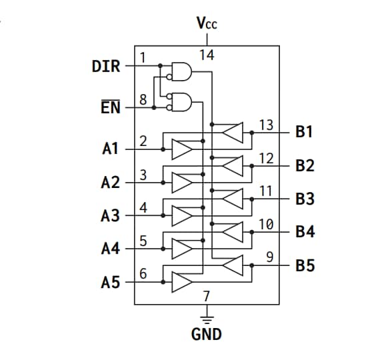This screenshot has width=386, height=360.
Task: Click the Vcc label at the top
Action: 207,24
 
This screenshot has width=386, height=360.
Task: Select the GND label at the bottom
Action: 206,334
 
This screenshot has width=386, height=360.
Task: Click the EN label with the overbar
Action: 111,107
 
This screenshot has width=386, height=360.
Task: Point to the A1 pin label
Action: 111,149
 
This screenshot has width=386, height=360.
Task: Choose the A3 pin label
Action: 111,216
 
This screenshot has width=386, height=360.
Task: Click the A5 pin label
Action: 111,283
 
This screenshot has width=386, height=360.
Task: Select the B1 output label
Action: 305,132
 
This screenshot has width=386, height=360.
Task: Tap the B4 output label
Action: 305,232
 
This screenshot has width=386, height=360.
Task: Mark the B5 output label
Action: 305,266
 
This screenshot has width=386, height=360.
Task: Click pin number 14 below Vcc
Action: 207,55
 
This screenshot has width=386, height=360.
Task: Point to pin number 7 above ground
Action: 207,295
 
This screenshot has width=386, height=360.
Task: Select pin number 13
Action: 266,125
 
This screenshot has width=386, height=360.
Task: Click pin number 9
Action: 269,257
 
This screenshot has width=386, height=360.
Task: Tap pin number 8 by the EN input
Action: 143,100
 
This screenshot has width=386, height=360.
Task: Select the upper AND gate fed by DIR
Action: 181,70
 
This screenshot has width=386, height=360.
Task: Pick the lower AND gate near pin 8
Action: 181,102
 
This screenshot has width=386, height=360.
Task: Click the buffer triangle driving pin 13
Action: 232,133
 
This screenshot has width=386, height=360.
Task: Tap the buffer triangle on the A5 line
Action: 181,282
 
